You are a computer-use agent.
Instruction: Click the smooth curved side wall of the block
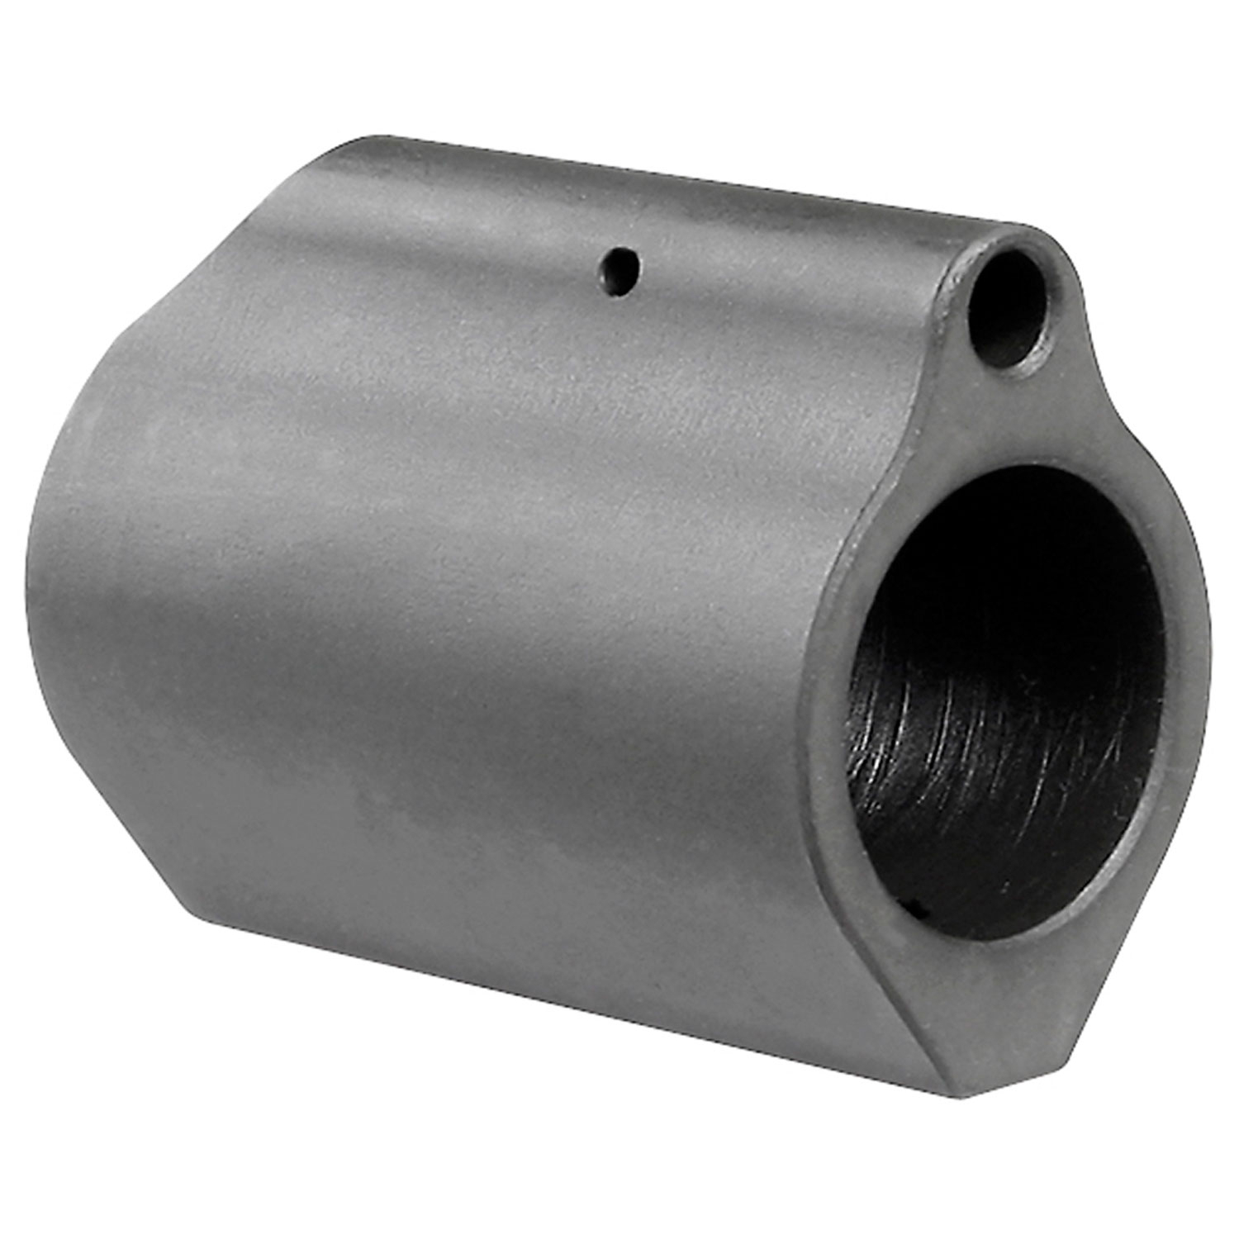[454, 619]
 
